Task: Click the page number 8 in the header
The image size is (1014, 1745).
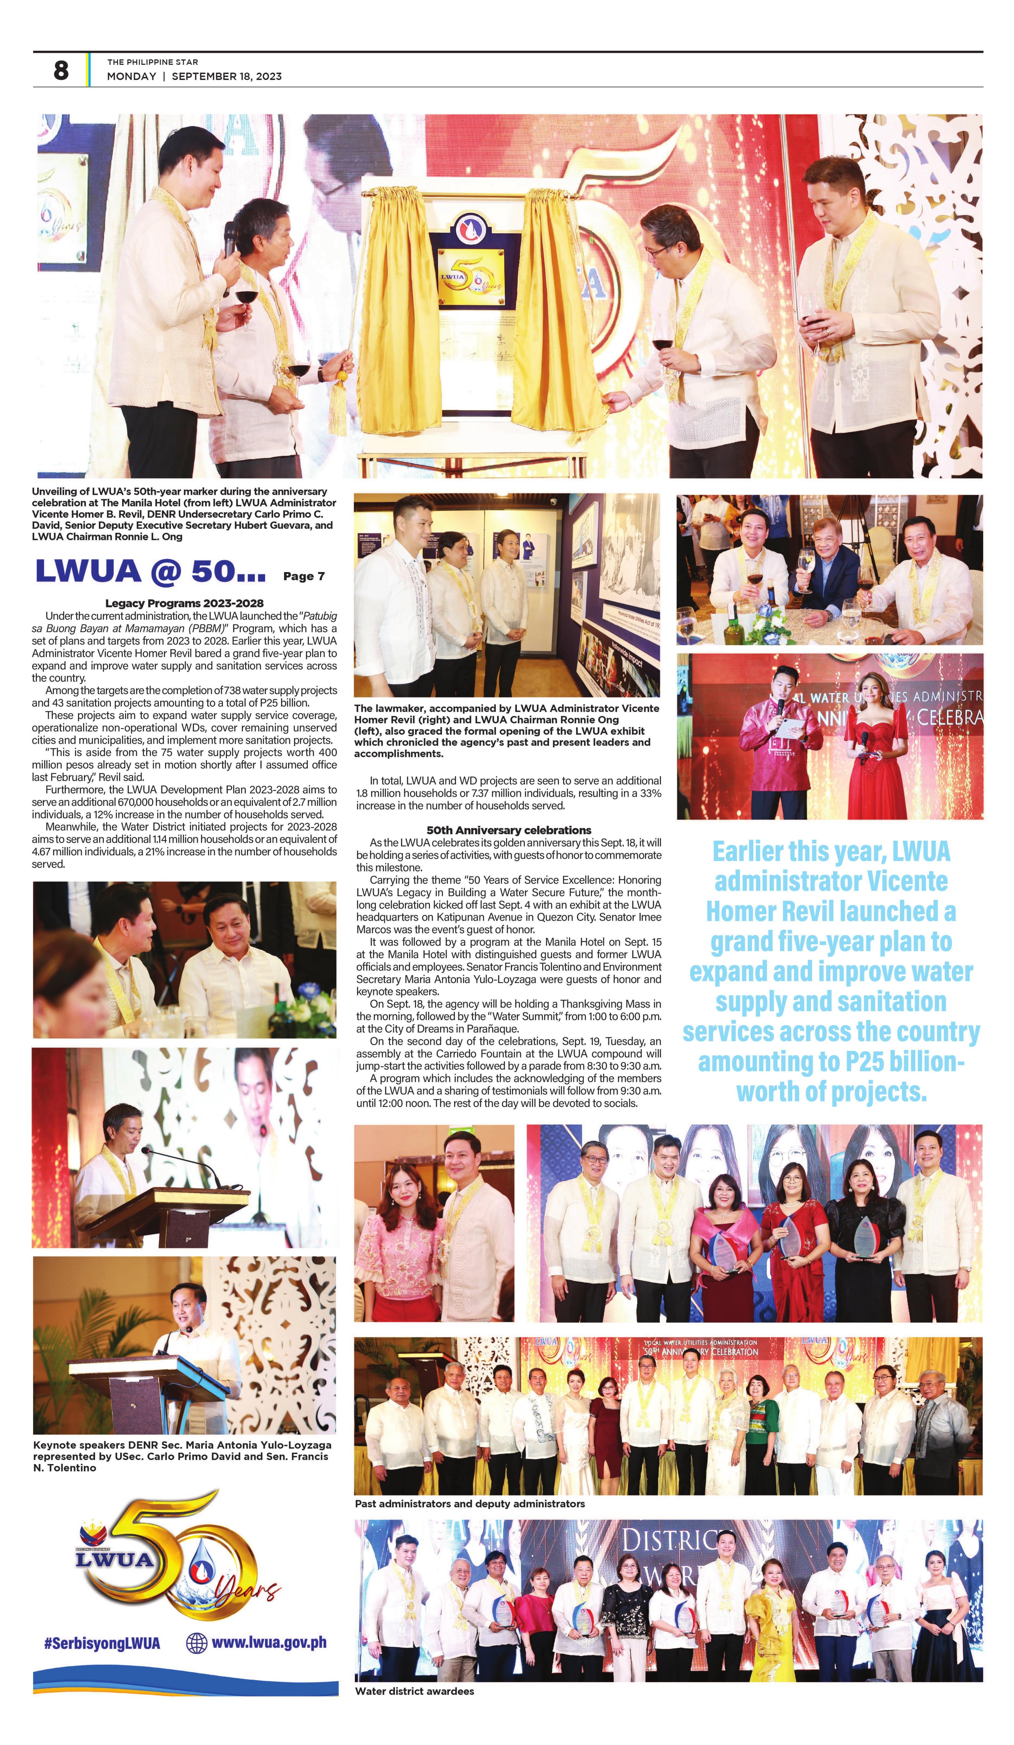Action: tap(61, 70)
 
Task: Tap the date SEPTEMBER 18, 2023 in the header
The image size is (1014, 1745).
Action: tap(226, 76)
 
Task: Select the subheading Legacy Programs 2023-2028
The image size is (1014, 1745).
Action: tap(184, 603)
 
